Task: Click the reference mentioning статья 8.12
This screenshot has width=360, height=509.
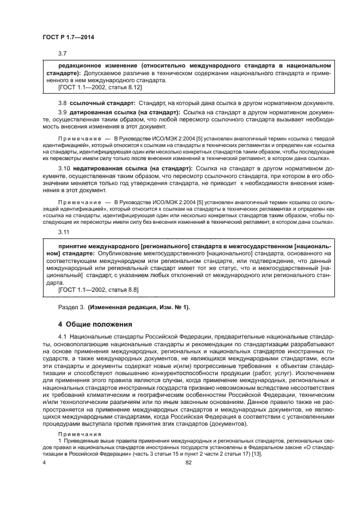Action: click(92, 87)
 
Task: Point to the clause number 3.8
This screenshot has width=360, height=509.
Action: click(62, 103)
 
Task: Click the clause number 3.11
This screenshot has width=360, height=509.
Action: click(64, 232)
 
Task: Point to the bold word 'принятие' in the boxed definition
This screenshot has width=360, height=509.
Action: click(65, 246)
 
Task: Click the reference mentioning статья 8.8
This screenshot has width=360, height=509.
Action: click(92, 291)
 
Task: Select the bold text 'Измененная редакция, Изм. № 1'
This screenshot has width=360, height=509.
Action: click(138, 307)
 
